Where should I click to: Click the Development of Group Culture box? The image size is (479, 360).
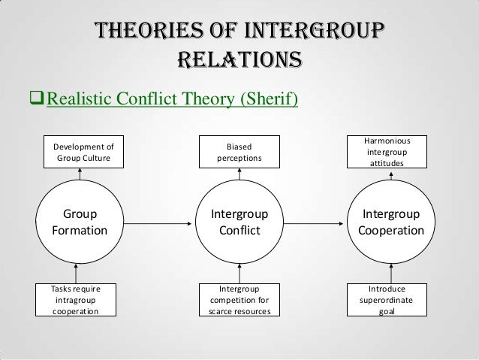tap(79, 153)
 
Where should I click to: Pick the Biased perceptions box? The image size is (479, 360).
tap(239, 153)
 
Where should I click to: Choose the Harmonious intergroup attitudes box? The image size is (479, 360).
tap(390, 151)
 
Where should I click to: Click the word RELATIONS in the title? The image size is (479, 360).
tap(239, 58)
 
